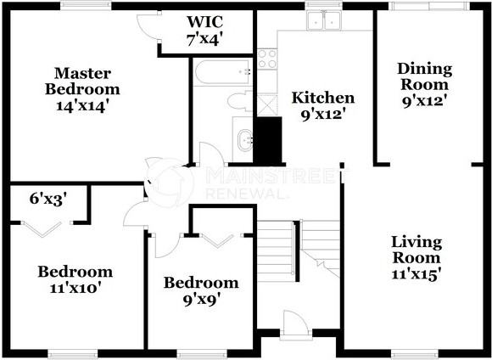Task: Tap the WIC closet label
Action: click(204, 29)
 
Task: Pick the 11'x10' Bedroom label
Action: click(75, 279)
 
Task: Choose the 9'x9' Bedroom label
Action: click(201, 291)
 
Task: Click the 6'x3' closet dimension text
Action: click(48, 199)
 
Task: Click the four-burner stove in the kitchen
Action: click(267, 58)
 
